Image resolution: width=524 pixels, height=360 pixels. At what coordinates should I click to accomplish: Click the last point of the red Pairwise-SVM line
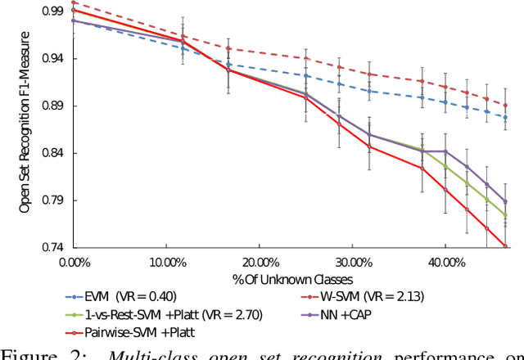[x=505, y=246]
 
